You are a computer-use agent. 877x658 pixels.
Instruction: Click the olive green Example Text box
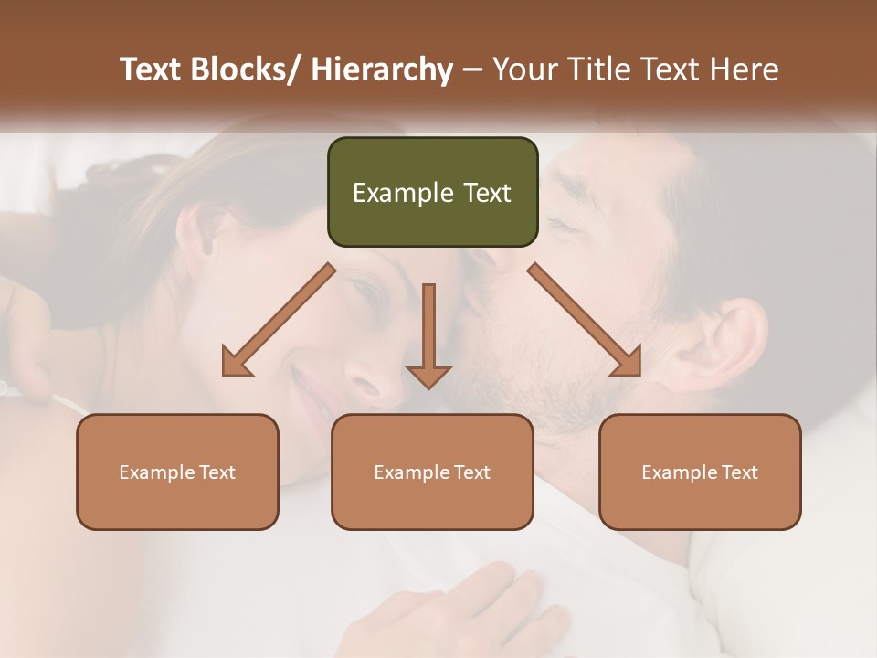click(x=432, y=192)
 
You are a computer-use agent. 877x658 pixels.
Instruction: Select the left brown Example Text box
click(x=177, y=472)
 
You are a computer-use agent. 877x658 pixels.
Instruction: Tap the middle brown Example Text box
click(x=432, y=472)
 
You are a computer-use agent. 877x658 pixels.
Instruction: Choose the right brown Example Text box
click(x=700, y=472)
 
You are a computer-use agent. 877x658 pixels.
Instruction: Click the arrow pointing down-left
click(x=279, y=320)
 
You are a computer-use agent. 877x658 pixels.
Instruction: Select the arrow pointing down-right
click(x=585, y=320)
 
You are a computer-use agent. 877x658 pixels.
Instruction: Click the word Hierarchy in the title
click(x=382, y=69)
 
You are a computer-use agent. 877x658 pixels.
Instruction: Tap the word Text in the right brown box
click(x=739, y=472)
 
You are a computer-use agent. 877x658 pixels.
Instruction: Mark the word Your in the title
click(x=524, y=69)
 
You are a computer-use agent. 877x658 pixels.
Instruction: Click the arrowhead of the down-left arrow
click(x=235, y=364)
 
